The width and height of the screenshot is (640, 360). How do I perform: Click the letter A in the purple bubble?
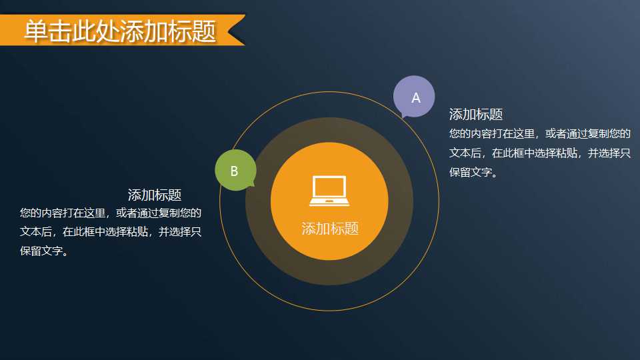416,98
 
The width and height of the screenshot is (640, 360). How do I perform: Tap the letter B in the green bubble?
234,171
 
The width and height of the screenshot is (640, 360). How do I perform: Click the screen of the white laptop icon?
329,187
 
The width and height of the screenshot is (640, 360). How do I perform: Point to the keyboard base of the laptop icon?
329,201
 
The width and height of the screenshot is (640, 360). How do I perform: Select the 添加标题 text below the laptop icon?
330,229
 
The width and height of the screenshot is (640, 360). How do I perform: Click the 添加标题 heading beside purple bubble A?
475,114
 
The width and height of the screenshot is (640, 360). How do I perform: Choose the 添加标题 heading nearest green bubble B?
155,195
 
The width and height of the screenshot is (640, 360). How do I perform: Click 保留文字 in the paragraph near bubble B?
41,252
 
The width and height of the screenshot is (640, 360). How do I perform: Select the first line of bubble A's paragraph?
540,133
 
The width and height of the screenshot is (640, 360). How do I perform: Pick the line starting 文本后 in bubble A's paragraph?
540,153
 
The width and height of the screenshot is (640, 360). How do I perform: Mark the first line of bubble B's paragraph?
111,213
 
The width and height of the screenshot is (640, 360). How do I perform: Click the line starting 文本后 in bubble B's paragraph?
111,233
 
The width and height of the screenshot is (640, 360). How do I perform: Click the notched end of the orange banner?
237,31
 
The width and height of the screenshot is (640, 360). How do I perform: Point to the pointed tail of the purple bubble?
403,117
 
